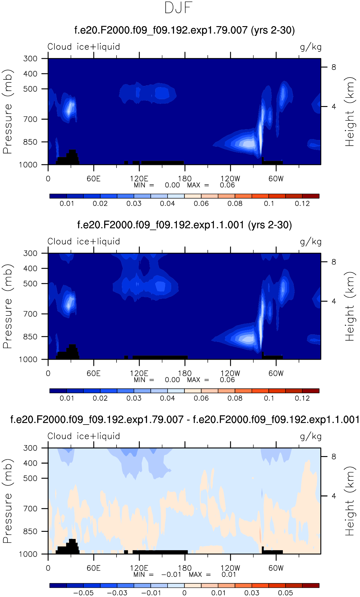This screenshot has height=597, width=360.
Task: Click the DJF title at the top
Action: (178, 8)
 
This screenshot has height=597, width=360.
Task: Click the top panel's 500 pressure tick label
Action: (30, 89)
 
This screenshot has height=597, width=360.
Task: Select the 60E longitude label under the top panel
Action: (93, 179)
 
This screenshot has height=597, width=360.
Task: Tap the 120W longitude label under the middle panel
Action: (230, 373)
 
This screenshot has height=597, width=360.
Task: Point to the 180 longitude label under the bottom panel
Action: (185, 568)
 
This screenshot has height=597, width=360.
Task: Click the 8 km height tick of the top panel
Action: (334, 67)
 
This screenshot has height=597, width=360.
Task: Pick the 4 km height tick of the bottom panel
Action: (334, 496)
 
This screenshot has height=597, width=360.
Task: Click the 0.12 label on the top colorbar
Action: (302, 204)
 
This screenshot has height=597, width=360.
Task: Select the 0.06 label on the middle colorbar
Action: (201, 398)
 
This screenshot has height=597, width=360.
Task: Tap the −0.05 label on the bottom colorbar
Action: (83, 593)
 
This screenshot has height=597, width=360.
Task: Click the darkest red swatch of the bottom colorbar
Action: (310, 585)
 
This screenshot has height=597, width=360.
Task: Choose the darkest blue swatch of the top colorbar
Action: (58, 196)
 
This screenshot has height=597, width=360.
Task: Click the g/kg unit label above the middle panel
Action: (311, 242)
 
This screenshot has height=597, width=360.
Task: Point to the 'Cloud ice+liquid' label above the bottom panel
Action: (84, 436)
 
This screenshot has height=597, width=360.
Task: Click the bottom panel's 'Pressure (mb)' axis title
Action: (8, 501)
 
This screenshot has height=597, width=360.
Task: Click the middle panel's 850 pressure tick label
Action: (30, 337)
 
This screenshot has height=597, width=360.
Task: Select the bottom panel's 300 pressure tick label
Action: (30, 448)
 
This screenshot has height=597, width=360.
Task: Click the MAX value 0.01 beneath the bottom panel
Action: (229, 574)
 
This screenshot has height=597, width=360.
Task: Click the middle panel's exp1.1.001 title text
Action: (184, 225)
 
